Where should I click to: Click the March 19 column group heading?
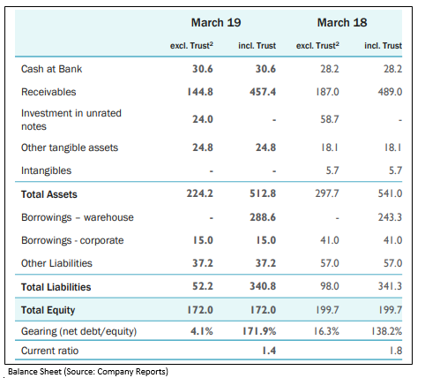pos(216,23)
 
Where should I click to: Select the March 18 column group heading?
pos(342,23)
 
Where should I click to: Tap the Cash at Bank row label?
pos(51,69)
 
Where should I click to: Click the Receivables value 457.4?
pos(263,92)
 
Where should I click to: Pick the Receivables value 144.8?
pos(200,92)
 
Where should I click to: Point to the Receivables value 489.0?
pos(390,92)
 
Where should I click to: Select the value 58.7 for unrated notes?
pos(330,119)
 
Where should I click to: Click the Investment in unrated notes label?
pos(71,119)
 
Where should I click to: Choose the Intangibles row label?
pos(46,170)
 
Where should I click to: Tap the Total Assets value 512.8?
pos(263,193)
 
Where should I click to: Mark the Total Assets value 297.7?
pos(327,193)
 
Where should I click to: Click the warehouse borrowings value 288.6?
pos(263,217)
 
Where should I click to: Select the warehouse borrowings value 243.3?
pos(390,217)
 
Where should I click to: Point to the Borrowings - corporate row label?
pos(72,240)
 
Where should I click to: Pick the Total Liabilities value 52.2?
pos(203,286)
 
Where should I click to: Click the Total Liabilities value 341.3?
pos(390,286)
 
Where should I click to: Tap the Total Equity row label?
pos(48,310)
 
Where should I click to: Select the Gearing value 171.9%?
pos(259,331)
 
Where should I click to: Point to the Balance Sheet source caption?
pos(88,372)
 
